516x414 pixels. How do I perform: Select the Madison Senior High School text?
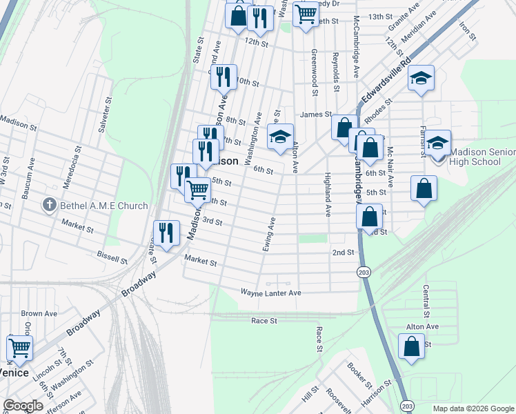click(483, 157)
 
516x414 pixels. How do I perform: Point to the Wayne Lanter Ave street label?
click(271, 293)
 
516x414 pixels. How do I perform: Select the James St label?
click(316, 115)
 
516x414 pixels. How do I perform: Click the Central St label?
click(426, 299)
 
